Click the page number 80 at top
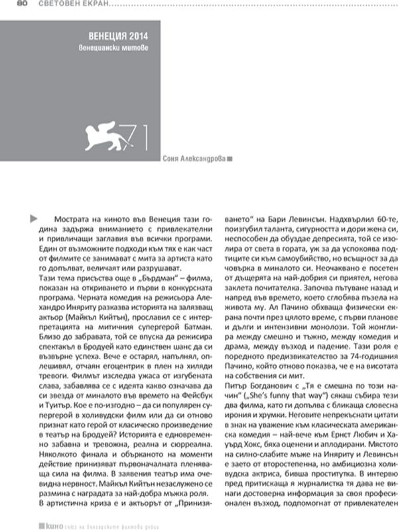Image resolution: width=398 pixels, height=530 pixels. pos(21,5)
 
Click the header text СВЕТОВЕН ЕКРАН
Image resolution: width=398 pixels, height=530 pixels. pos(64,6)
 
